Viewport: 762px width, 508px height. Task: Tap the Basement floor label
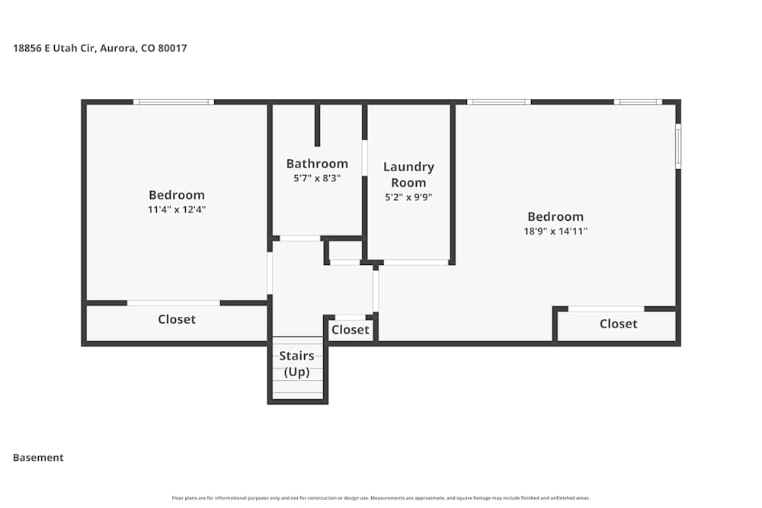pyautogui.click(x=38, y=458)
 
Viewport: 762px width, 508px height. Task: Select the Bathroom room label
pyautogui.click(x=317, y=164)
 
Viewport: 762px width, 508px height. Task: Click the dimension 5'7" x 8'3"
pyautogui.click(x=317, y=178)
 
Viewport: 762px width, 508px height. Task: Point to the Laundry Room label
pyautogui.click(x=408, y=174)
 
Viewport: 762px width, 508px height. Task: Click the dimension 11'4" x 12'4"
pyautogui.click(x=177, y=209)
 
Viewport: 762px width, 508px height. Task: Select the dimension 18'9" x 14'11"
pyautogui.click(x=555, y=231)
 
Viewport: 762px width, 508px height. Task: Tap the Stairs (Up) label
pyautogui.click(x=296, y=364)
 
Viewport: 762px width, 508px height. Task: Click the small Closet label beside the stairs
pyautogui.click(x=351, y=330)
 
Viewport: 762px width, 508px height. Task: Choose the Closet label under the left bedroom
pyautogui.click(x=177, y=319)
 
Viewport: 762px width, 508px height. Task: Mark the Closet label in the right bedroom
pyautogui.click(x=618, y=324)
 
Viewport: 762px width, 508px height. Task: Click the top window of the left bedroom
pyautogui.click(x=174, y=102)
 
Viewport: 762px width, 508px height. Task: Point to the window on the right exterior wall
pyautogui.click(x=677, y=147)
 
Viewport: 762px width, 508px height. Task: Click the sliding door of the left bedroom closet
pyautogui.click(x=174, y=303)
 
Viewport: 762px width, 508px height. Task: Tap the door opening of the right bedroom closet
pyautogui.click(x=606, y=308)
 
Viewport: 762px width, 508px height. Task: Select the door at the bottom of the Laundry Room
pyautogui.click(x=415, y=262)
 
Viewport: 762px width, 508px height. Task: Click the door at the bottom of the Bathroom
pyautogui.click(x=299, y=238)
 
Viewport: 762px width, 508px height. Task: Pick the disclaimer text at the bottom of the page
pyautogui.click(x=381, y=498)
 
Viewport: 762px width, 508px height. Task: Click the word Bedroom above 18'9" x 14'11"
pyautogui.click(x=555, y=217)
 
